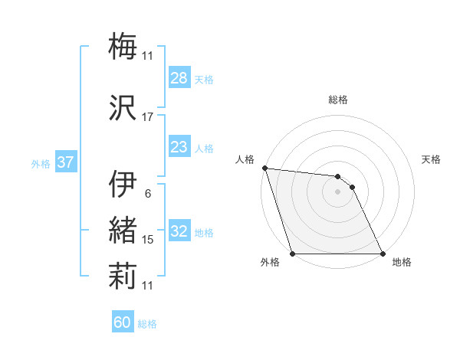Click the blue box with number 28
tap(179, 79)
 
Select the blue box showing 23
tap(179, 148)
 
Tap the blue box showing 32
tap(179, 232)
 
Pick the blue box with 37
tap(65, 162)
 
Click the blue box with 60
tap(123, 322)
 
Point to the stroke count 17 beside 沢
tap(148, 117)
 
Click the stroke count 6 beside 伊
tap(148, 193)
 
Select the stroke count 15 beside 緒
tap(148, 240)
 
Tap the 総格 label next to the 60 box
tap(147, 324)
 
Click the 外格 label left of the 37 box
tap(41, 163)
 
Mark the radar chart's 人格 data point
tap(264, 168)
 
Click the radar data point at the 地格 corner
tap(382, 254)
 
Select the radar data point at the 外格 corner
tap(293, 254)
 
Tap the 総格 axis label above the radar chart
tap(338, 100)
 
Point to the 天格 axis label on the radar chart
tap(432, 159)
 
